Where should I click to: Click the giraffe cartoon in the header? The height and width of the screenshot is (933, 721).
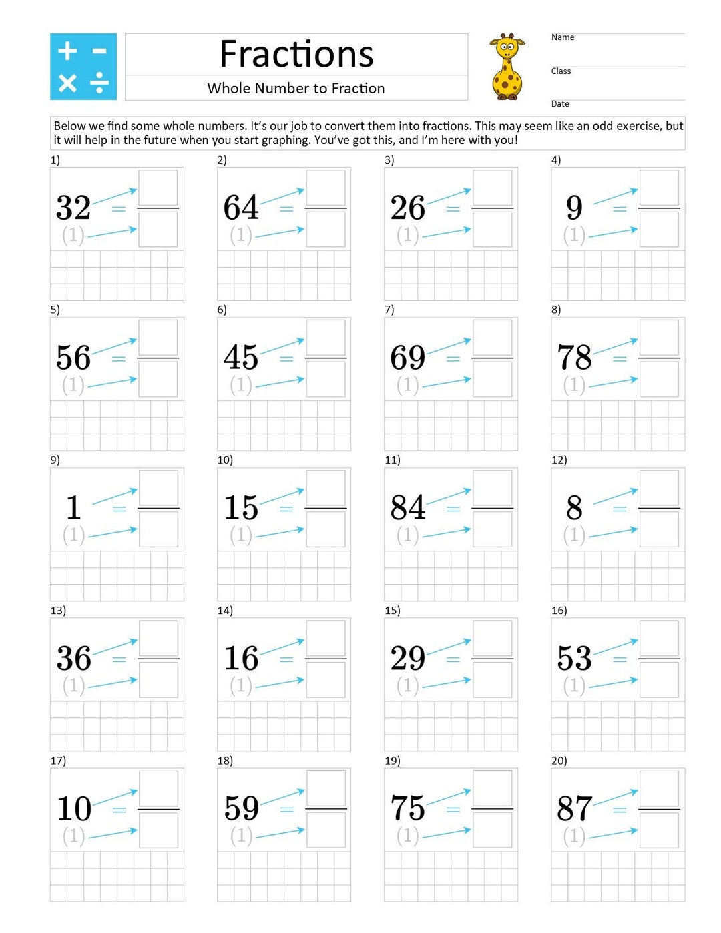[x=507, y=67]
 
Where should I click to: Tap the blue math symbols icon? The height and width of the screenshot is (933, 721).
[x=83, y=67]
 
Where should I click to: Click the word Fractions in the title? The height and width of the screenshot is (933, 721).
[x=296, y=54]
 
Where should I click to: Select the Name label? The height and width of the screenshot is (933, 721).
[x=563, y=37]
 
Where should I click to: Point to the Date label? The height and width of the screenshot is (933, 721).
[x=560, y=104]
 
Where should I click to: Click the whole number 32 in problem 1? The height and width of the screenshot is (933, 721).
[x=73, y=208]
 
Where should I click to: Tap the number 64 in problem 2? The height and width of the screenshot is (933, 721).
[x=241, y=208]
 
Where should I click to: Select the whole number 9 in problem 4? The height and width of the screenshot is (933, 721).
[x=574, y=208]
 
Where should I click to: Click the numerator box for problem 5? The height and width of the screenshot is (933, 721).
[x=158, y=338]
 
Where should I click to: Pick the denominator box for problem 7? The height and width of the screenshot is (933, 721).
[x=492, y=380]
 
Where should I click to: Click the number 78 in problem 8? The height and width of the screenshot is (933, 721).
[x=574, y=358]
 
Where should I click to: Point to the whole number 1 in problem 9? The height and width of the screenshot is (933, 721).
[x=73, y=508]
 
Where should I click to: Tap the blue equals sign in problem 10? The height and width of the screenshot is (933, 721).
[x=286, y=509]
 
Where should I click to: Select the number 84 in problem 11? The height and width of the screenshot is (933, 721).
[x=408, y=508]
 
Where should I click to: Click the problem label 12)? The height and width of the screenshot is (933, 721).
[x=559, y=460]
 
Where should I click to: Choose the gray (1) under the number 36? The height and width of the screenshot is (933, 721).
[x=73, y=685]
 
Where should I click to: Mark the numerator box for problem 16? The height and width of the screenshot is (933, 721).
[x=659, y=638]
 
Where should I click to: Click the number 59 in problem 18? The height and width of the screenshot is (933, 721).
[x=241, y=808]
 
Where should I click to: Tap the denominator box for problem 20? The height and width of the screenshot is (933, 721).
[x=659, y=830]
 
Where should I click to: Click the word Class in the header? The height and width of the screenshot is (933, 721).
[x=561, y=71]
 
